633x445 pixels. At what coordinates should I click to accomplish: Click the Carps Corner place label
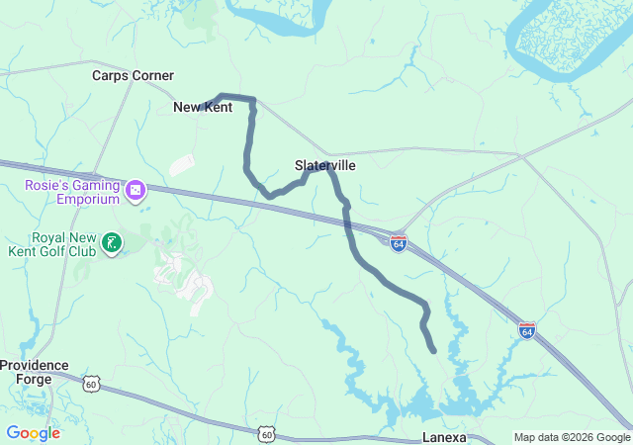point(133,75)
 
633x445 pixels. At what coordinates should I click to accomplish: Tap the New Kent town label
point(202,107)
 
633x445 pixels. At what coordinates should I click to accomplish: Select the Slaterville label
point(324,165)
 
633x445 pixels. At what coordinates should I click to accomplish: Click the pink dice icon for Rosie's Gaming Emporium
point(136,188)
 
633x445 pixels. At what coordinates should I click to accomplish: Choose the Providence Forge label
point(34,371)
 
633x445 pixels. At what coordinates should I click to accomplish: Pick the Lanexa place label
point(443,436)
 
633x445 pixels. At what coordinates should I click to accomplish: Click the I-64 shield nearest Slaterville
point(398,241)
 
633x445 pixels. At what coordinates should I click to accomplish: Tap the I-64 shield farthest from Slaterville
point(527,329)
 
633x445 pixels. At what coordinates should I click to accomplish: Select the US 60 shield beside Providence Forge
point(92,383)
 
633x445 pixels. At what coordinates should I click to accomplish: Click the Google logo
point(33,433)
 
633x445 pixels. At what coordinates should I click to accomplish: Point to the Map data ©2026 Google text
point(571,438)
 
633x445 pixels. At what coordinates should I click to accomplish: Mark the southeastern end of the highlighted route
point(433,350)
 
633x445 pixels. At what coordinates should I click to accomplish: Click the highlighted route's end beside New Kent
point(220,96)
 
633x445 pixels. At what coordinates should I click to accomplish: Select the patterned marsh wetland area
point(569,40)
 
